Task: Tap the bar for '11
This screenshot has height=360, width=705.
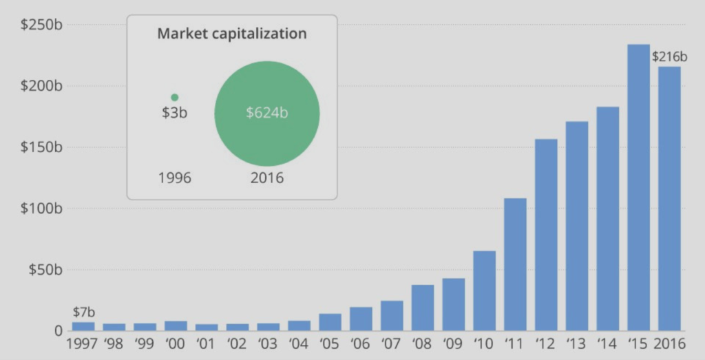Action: [515, 264]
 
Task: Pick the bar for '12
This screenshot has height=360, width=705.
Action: [546, 235]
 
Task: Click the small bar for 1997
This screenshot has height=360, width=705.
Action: [83, 326]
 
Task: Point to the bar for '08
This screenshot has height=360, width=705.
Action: [423, 308]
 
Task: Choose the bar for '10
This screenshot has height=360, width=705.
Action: [484, 290]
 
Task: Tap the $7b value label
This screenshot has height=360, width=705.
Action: [83, 313]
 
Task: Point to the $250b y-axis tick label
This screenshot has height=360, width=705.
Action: [41, 25]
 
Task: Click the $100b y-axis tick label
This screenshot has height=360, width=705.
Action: [41, 209]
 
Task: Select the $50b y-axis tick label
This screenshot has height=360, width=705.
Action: [45, 269]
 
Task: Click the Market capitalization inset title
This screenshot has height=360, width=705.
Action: [232, 34]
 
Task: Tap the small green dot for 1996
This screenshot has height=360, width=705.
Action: [174, 98]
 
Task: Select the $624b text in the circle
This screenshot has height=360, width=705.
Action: [266, 113]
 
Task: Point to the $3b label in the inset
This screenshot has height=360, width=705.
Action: [174, 113]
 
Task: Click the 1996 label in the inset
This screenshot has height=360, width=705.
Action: [174, 178]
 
